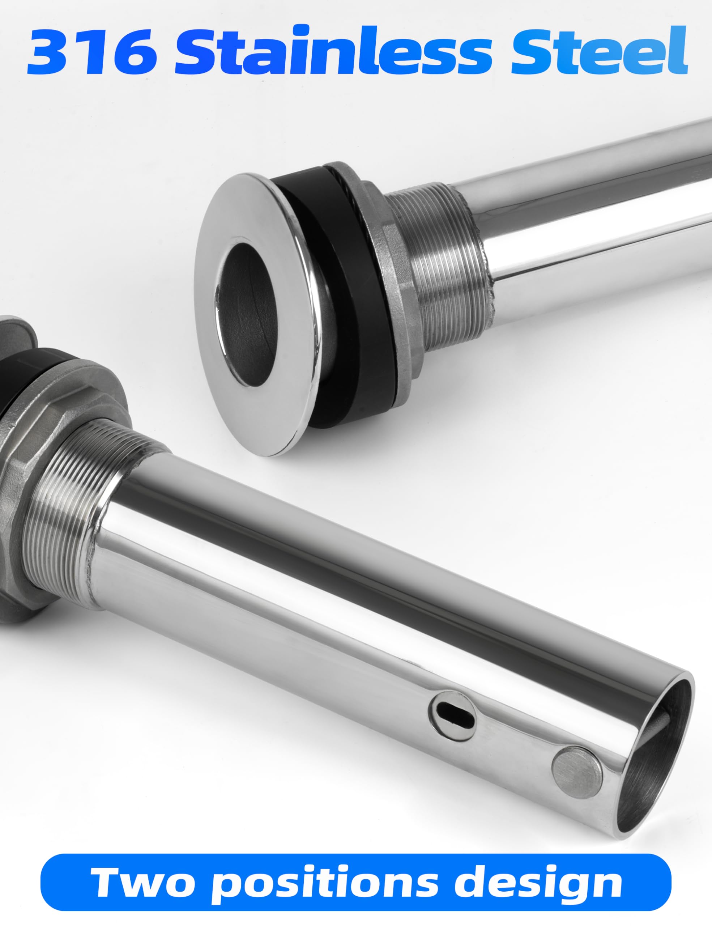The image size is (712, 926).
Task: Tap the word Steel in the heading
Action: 599,50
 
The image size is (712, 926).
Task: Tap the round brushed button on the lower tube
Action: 577,773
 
